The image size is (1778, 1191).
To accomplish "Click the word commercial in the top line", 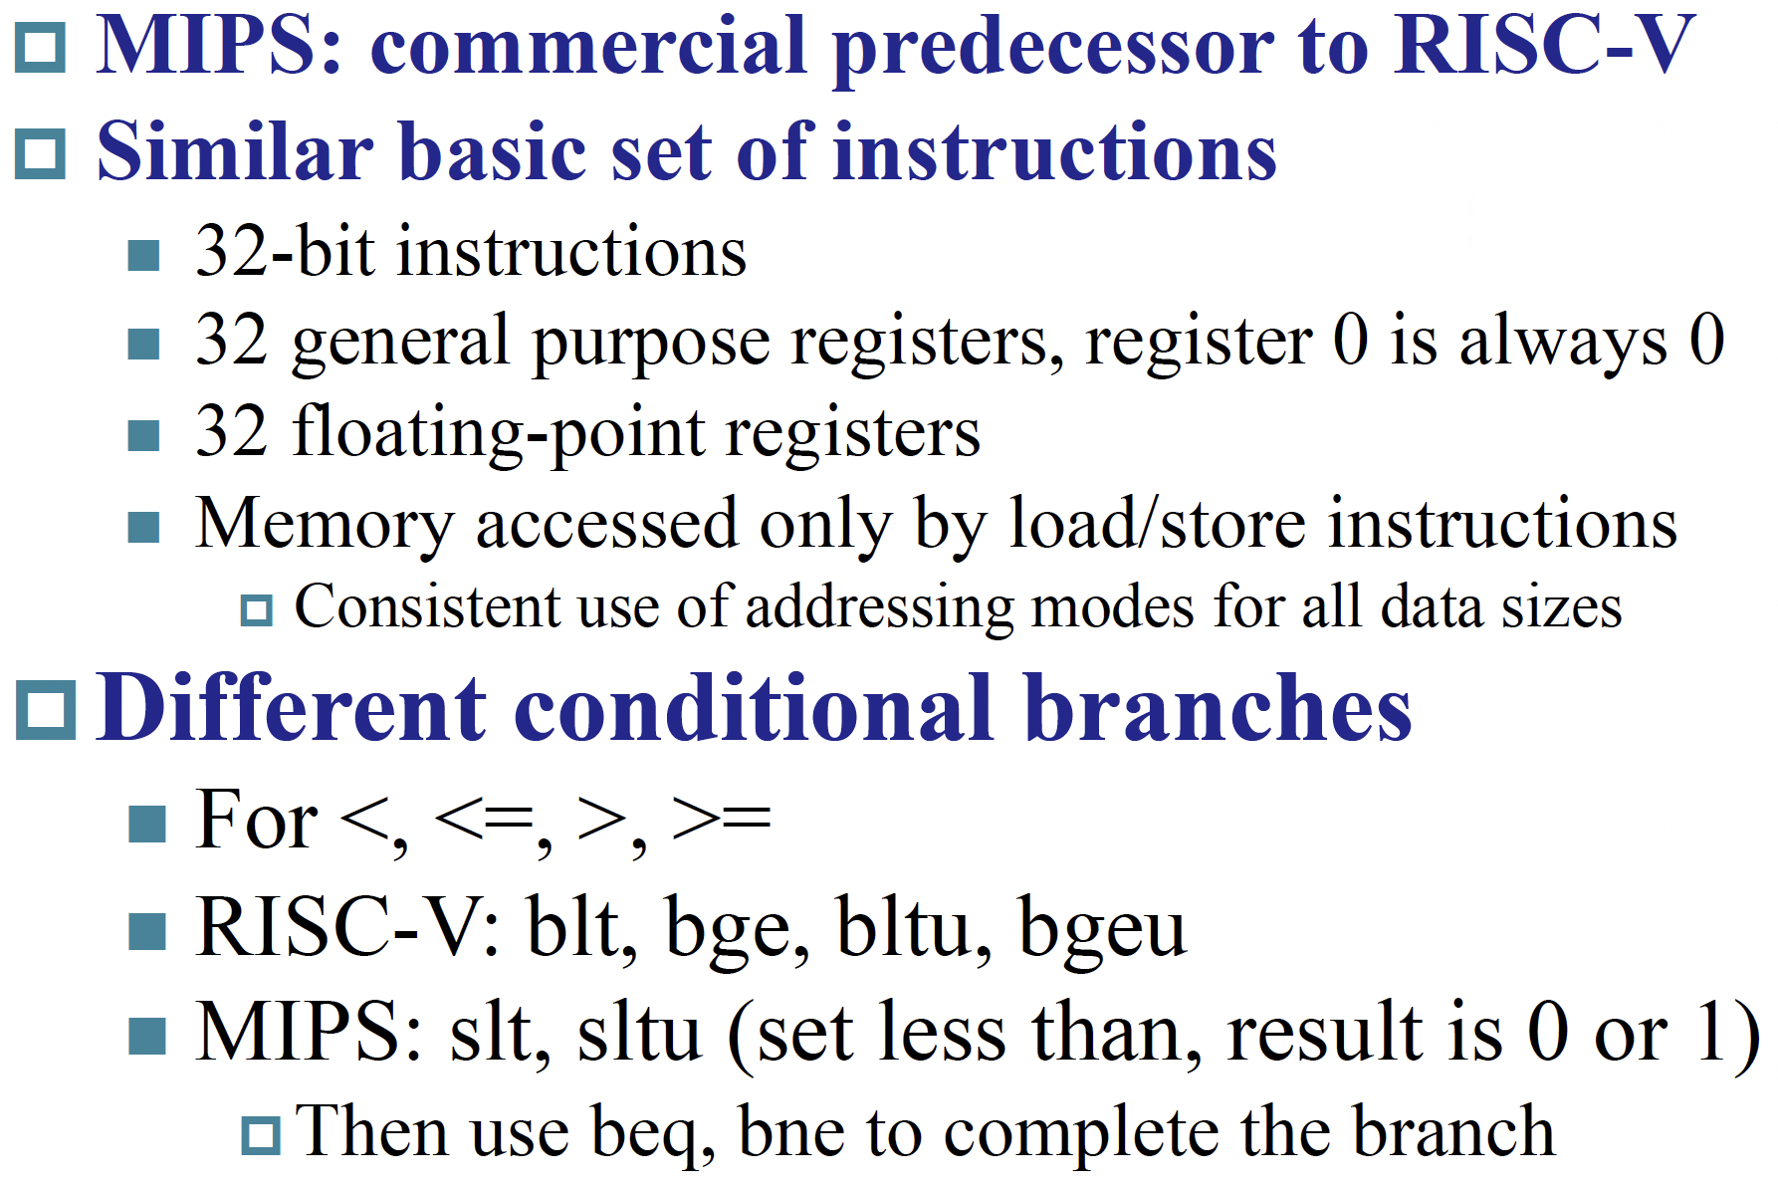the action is (x=588, y=46).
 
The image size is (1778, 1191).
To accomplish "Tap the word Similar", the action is (x=235, y=151).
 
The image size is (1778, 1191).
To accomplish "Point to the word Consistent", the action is (x=428, y=606).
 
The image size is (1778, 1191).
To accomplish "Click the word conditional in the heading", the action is (x=754, y=708).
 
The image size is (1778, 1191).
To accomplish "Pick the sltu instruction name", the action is (x=639, y=1033).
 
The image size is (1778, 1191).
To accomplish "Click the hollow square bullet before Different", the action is (x=46, y=710).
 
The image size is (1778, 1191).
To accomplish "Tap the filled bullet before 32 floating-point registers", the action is (x=144, y=435).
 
